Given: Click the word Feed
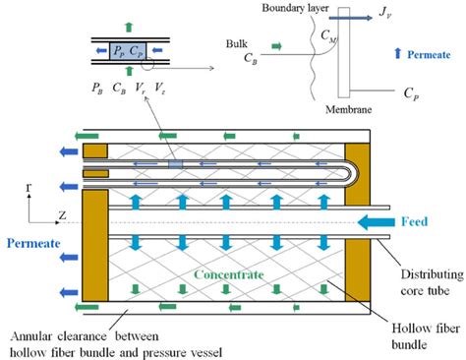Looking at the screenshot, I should (414, 223).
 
